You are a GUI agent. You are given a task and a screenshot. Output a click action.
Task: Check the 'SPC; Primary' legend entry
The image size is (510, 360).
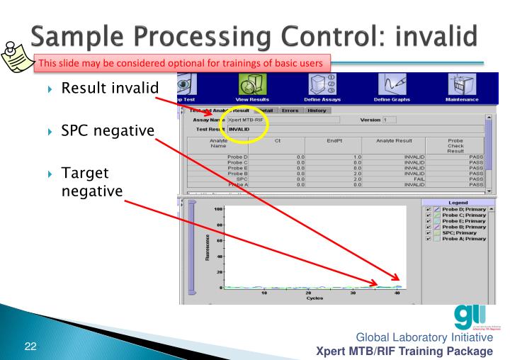[461, 231]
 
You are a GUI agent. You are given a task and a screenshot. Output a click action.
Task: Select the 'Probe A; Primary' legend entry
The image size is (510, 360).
[465, 239]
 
